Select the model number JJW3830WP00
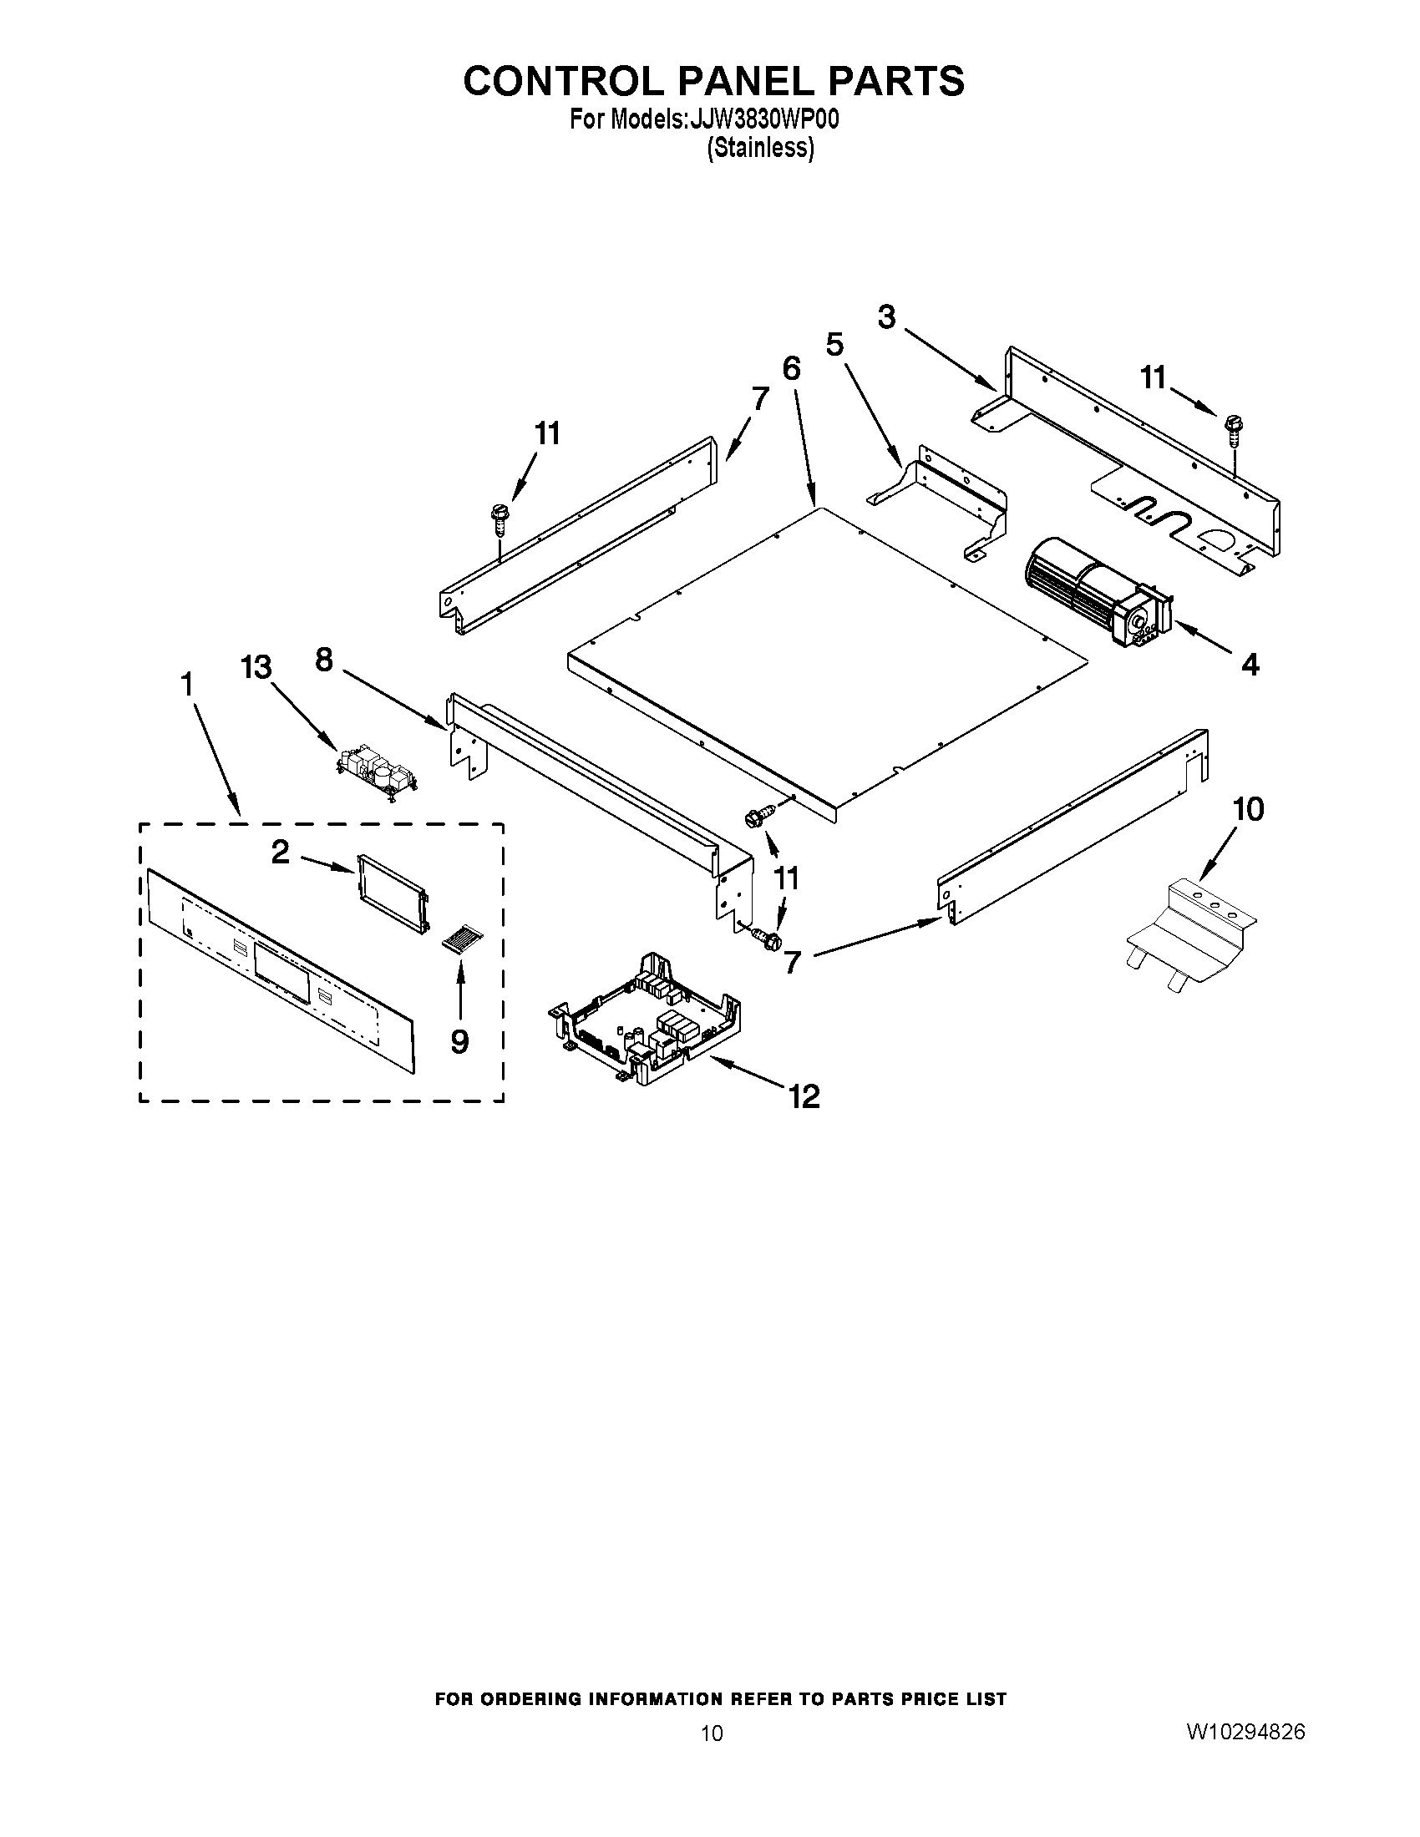(763, 120)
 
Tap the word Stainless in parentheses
(759, 149)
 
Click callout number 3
(885, 318)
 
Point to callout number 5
(834, 345)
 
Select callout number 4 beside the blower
(1250, 665)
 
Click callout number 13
(256, 667)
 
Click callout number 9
(459, 1041)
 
